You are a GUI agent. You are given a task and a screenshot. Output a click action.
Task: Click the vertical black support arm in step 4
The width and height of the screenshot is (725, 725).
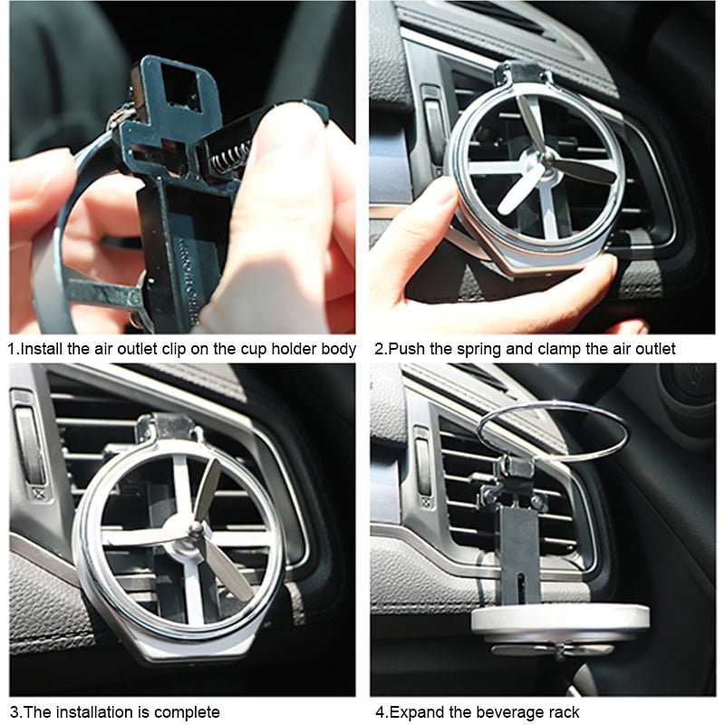point(520,555)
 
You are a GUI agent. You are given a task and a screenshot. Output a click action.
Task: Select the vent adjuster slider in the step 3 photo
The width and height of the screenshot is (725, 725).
point(30,440)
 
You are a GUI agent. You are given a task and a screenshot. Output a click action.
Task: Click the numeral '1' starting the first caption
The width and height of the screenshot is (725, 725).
point(12,349)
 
